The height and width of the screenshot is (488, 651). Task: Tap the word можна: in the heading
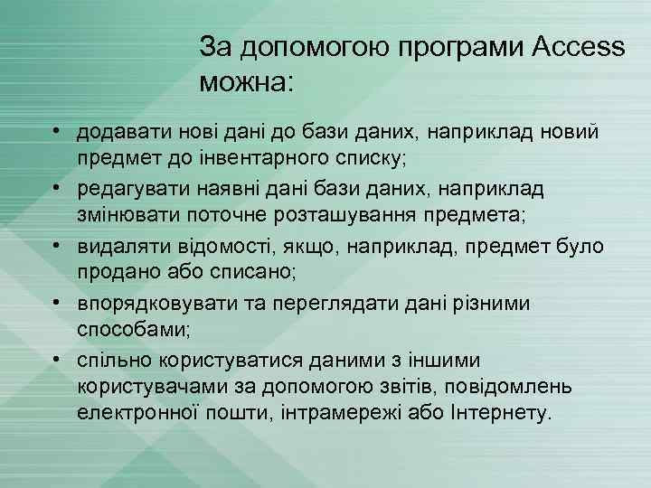pyautogui.click(x=246, y=84)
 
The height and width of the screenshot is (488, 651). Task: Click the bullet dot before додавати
pyautogui.click(x=56, y=132)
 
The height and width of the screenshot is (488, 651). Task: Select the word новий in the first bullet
pyautogui.click(x=566, y=133)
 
